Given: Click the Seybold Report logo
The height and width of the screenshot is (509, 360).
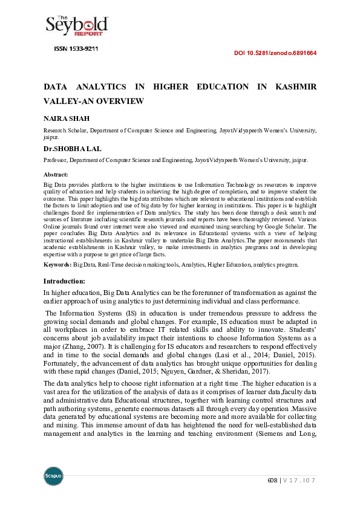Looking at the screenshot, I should click(77, 25).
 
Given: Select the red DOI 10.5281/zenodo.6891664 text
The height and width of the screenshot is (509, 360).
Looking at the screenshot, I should click(275, 53).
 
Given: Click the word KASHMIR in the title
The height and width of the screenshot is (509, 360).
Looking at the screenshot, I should click(296, 87).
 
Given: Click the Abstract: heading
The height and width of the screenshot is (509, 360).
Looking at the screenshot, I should click(56, 174).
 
